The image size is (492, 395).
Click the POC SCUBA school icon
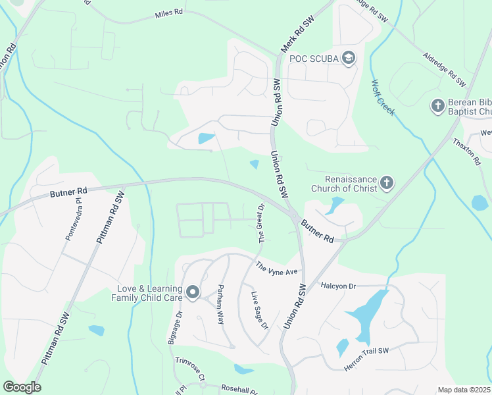coord(348,59)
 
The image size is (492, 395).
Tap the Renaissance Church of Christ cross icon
coord(387,183)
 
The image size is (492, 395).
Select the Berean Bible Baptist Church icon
coord(438,106)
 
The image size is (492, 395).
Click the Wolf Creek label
coord(383,97)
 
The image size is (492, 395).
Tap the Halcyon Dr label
coord(338,286)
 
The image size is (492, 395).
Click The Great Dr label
coord(261,223)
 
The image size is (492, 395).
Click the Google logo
coord(22,387)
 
